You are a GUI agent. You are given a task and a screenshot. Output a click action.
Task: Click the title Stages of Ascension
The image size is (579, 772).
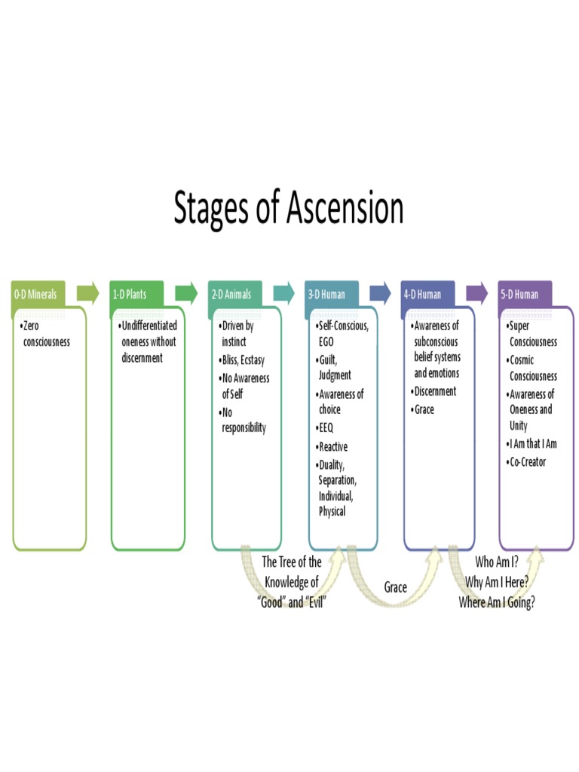click(289, 209)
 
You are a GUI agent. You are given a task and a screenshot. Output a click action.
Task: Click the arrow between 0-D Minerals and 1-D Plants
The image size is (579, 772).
click(88, 293)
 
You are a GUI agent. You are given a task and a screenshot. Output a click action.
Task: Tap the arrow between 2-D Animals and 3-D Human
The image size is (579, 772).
click(283, 293)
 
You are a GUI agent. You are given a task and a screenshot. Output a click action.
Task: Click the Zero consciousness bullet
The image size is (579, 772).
click(46, 334)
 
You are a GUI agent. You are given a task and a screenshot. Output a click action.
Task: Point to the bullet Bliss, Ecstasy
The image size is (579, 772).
click(243, 360)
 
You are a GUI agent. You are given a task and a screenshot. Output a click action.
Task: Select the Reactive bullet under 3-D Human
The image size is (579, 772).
click(332, 446)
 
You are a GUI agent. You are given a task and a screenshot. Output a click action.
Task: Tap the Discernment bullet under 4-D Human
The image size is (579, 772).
click(433, 391)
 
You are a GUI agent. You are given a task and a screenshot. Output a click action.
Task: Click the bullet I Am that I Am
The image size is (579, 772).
click(532, 443)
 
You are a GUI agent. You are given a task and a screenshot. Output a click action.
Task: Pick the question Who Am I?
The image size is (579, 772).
click(496, 562)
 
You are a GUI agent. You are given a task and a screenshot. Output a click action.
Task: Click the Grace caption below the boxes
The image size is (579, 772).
click(395, 587)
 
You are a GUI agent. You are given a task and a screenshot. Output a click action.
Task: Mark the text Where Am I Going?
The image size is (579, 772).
click(496, 602)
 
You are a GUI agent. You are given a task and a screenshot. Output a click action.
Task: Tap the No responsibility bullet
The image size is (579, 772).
click(243, 421)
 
